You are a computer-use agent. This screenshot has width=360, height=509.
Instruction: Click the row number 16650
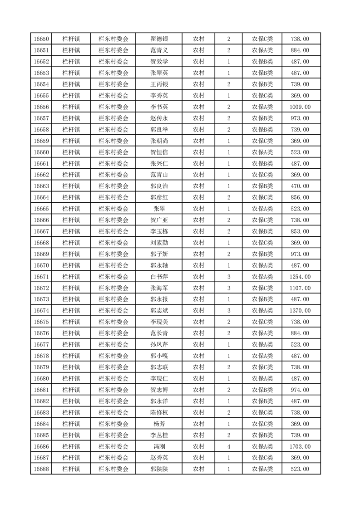(x=41, y=39)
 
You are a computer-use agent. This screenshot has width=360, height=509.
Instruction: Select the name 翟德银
(x=159, y=39)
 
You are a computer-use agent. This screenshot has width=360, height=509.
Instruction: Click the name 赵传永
(x=159, y=118)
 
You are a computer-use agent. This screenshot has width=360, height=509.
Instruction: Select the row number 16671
(x=41, y=277)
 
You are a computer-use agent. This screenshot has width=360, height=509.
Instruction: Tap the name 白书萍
(x=159, y=277)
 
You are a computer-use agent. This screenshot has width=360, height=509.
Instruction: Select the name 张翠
(x=159, y=209)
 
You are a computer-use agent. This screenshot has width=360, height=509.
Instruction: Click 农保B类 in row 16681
(x=262, y=390)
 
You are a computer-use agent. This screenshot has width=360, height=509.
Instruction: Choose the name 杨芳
(x=159, y=424)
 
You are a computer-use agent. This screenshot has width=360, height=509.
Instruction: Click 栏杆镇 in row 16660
(x=71, y=152)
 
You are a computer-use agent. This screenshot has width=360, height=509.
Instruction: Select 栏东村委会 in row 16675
(x=113, y=322)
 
